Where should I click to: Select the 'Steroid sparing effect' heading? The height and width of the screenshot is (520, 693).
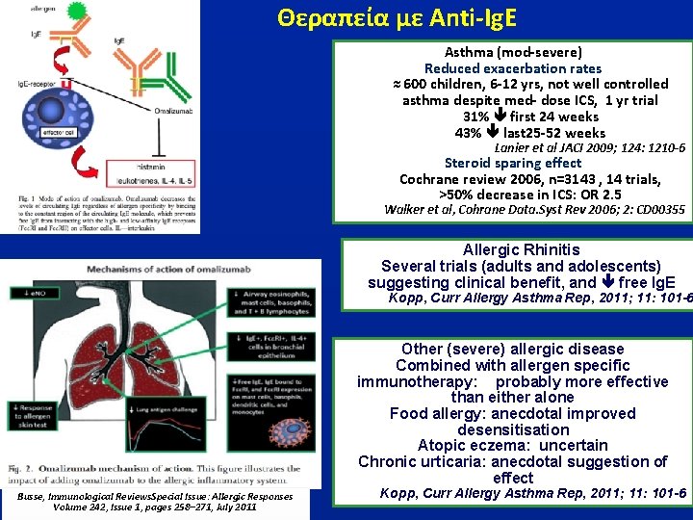click(x=513, y=164)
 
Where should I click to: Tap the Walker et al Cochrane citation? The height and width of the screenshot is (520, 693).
click(x=534, y=210)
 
